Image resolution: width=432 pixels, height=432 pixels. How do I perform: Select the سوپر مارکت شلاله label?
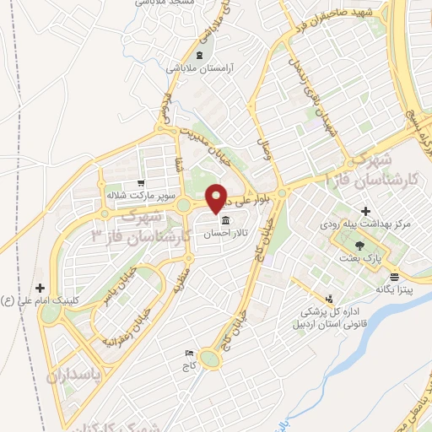(x=133, y=195)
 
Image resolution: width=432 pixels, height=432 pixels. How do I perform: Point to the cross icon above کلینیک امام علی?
(x=41, y=288)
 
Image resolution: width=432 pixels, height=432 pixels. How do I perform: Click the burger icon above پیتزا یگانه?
(x=394, y=277)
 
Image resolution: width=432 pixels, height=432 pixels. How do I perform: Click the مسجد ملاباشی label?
(x=163, y=3)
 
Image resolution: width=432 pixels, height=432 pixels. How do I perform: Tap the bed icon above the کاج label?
(x=189, y=354)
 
